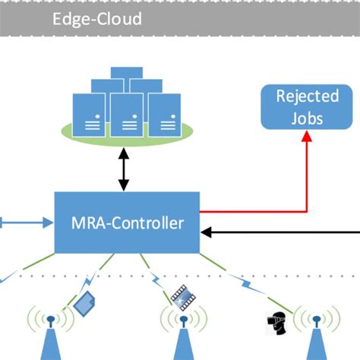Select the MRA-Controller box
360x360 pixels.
pos(127,223)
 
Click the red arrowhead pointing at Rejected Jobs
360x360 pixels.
pos(307,136)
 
